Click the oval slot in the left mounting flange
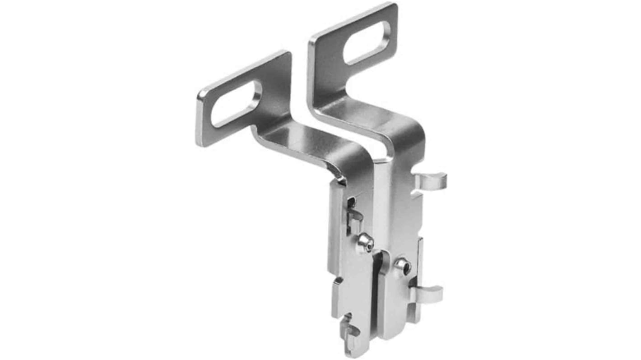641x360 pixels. point(236,103)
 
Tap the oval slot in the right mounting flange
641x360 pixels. point(367,43)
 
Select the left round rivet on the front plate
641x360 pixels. point(365,243)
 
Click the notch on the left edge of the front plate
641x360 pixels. point(336,284)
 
